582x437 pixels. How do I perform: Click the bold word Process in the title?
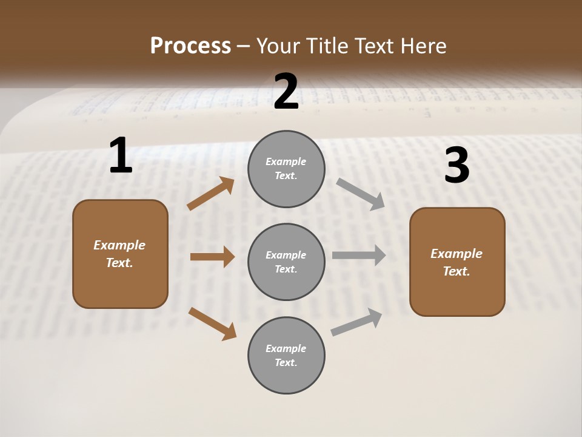190,46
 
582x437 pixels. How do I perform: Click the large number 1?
121,156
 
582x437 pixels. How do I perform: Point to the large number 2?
286,92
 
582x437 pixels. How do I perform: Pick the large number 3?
457,166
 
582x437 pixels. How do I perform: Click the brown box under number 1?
120,254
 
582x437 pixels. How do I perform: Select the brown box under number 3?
457,262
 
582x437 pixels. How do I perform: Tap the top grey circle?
286,169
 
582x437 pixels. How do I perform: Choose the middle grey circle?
286,262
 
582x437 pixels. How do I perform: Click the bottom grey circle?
286,355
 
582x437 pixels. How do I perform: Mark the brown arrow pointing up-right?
211,194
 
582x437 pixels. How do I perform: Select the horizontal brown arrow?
212,257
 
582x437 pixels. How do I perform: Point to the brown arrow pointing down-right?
212,324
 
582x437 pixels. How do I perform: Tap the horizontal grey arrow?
359,255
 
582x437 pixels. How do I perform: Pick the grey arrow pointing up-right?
356,322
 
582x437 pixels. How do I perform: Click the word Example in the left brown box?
119,245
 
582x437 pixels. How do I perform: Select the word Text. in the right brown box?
457,271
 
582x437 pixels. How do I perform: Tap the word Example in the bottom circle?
286,348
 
